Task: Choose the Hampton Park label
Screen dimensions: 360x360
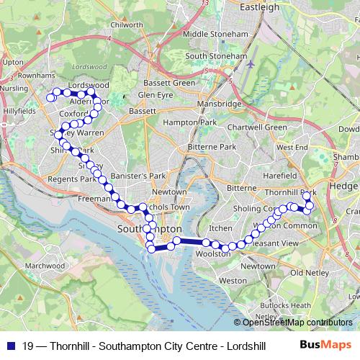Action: [x=189, y=123]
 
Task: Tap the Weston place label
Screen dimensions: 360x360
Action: [x=232, y=280]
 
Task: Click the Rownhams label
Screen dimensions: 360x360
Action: [x=36, y=75]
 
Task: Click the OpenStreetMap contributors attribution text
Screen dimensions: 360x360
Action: [x=298, y=323]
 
